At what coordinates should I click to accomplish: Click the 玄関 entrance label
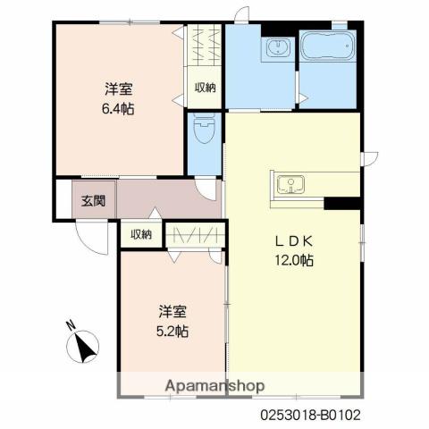94,201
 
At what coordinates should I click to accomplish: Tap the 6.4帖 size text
118,109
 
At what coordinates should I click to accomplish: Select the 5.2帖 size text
172,331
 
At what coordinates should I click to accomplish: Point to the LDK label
294,241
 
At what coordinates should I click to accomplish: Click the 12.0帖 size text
294,260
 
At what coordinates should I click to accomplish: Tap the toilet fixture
204,129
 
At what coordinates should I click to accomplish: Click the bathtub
327,46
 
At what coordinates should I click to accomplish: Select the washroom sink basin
278,47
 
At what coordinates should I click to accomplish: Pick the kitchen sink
290,185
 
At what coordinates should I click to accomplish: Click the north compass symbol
82,348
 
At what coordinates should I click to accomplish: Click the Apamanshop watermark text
214,386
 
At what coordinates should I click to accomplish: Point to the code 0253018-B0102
311,415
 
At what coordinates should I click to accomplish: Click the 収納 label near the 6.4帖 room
206,88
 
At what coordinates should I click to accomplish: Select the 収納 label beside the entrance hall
141,235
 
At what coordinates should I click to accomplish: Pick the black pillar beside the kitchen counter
342,203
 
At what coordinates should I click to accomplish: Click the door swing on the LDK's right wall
370,159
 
